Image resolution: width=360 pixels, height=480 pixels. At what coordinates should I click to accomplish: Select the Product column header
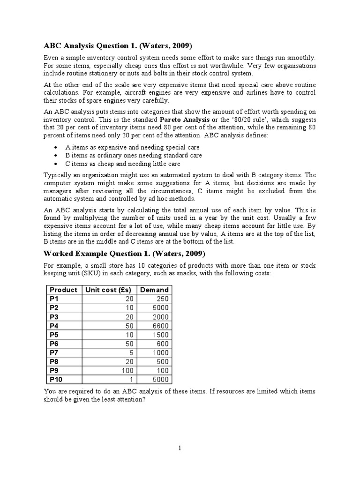pyautogui.click(x=63, y=290)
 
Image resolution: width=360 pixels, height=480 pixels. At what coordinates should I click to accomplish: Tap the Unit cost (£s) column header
pyautogui.click(x=108, y=290)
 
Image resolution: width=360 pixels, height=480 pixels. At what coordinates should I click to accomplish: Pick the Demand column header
pyautogui.click(x=155, y=290)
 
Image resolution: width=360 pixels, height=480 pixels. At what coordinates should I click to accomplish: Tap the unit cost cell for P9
pyautogui.click(x=127, y=370)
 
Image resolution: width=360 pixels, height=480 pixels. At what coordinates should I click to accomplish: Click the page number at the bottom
pyautogui.click(x=180, y=449)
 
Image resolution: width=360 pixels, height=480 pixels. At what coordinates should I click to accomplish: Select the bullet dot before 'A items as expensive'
pyautogui.click(x=56, y=147)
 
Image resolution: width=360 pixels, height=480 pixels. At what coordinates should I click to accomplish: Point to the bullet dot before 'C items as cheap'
pyautogui.click(x=56, y=164)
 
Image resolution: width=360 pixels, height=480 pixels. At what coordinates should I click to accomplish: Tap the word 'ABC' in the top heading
pyautogui.click(x=53, y=45)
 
